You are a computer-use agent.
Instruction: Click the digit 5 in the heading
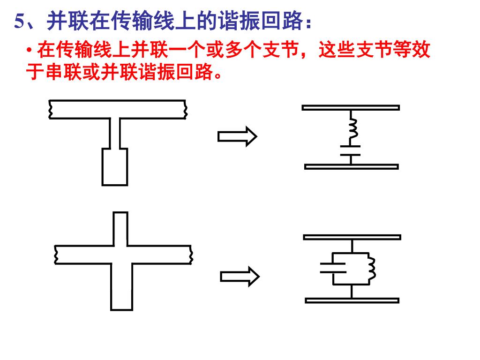pyautogui.click(x=19, y=22)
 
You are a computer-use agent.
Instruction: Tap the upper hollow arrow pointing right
pyautogui.click(x=237, y=136)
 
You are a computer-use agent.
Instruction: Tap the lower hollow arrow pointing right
pyautogui.click(x=240, y=277)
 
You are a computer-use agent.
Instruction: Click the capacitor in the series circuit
pyautogui.click(x=351, y=150)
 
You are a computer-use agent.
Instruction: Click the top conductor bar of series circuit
pyautogui.click(x=351, y=107)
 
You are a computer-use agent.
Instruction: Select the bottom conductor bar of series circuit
pyautogui.click(x=351, y=166)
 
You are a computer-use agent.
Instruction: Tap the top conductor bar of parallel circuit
pyautogui.click(x=352, y=237)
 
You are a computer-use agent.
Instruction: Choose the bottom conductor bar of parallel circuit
pyautogui.click(x=352, y=300)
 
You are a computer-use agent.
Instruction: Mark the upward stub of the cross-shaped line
pyautogui.click(x=120, y=228)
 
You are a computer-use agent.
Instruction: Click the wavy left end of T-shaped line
pyautogui.click(x=50, y=109)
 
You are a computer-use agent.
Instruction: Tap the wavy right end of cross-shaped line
pyautogui.click(x=190, y=254)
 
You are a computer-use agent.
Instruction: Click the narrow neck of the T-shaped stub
pyautogui.click(x=115, y=133)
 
